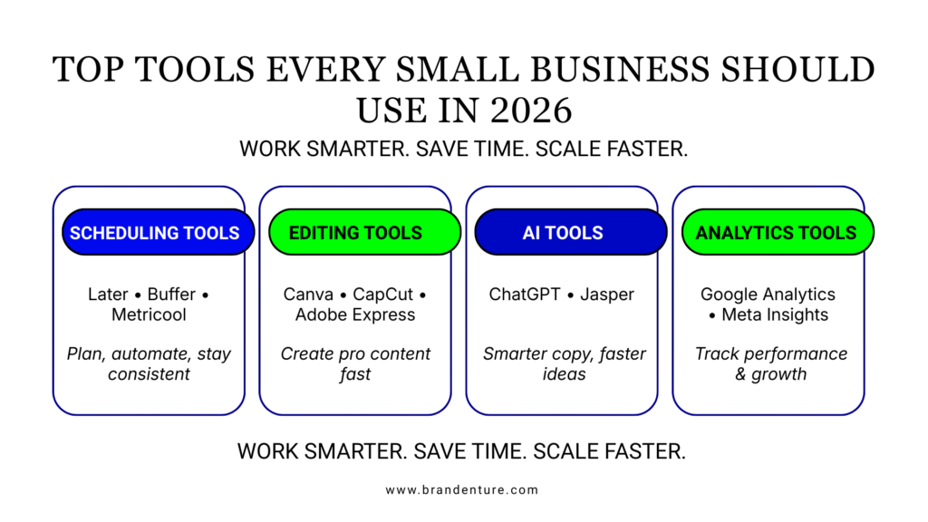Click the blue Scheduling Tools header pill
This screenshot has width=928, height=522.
tap(154, 233)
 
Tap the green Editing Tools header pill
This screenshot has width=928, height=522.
tap(355, 233)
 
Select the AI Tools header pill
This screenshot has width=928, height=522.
tap(562, 233)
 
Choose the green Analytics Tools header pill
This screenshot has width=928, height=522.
tap(776, 233)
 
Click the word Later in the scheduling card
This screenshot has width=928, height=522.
tap(108, 295)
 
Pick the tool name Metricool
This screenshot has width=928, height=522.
tap(149, 314)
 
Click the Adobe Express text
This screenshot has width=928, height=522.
tap(355, 314)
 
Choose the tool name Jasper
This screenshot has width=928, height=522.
tap(606, 295)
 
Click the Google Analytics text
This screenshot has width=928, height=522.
tap(768, 295)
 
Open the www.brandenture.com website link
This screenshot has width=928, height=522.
tap(462, 490)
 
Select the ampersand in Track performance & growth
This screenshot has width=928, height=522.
tap(740, 373)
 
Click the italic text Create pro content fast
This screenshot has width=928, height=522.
tap(355, 363)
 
